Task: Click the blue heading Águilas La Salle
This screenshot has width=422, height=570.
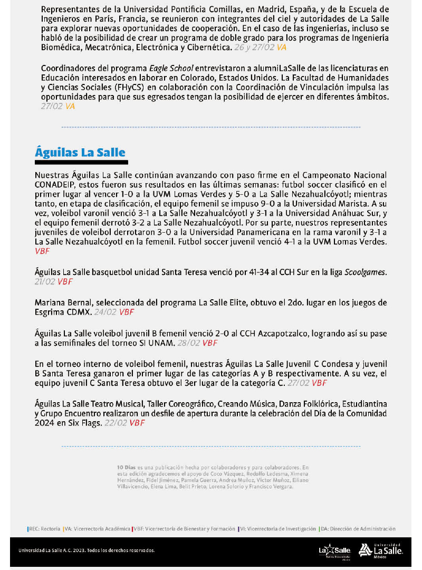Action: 80,153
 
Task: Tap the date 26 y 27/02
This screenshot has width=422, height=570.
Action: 254,47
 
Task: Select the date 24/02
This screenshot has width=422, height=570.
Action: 105,312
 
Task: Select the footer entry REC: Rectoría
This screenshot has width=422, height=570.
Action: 44,528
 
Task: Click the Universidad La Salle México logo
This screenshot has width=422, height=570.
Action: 381,550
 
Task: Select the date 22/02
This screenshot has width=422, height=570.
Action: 116,423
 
